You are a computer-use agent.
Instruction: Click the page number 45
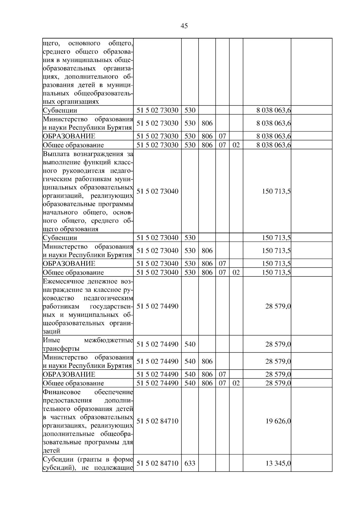click(184, 26)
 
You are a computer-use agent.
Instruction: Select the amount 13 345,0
click(278, 463)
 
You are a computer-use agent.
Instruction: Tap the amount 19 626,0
click(278, 421)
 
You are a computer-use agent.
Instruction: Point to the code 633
click(190, 463)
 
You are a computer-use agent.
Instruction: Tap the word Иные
click(51, 340)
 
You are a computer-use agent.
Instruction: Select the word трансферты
click(61, 349)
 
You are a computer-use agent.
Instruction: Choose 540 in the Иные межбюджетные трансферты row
click(190, 344)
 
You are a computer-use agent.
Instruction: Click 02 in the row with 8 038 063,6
click(236, 145)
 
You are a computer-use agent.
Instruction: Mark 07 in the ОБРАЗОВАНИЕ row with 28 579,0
click(222, 374)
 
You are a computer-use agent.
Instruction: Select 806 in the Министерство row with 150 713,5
click(207, 251)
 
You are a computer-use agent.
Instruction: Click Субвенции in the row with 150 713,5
click(60, 238)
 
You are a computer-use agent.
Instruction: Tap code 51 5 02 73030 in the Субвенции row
click(157, 110)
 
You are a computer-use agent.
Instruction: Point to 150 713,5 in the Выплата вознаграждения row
click(276, 191)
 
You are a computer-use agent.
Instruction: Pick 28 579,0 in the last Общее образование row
click(278, 383)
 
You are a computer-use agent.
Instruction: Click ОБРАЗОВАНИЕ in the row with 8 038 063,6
click(69, 136)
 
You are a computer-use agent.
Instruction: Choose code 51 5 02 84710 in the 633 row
click(157, 463)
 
